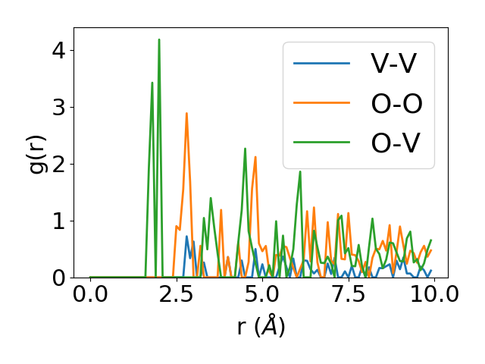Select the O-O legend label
(x=396, y=103)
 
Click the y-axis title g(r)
(x=37, y=152)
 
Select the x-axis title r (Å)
(x=261, y=327)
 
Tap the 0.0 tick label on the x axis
(x=90, y=293)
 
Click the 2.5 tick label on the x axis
(x=176, y=293)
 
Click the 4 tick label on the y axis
(x=60, y=51)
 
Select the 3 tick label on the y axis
(x=60, y=108)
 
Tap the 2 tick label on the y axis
(x=60, y=164)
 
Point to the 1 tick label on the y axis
(x=60, y=221)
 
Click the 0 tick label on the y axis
(x=60, y=278)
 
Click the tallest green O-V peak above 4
(x=159, y=40)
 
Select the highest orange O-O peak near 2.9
(x=186, y=114)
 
